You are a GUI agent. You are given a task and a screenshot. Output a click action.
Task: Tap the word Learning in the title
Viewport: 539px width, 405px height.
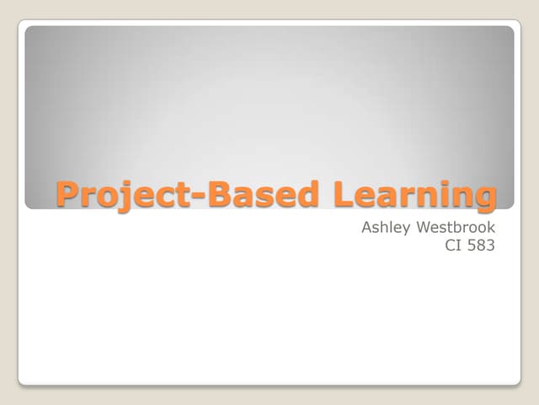415,195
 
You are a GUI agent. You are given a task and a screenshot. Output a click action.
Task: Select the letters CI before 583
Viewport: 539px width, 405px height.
452,246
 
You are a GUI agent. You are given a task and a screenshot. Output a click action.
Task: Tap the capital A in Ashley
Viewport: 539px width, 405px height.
366,227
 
